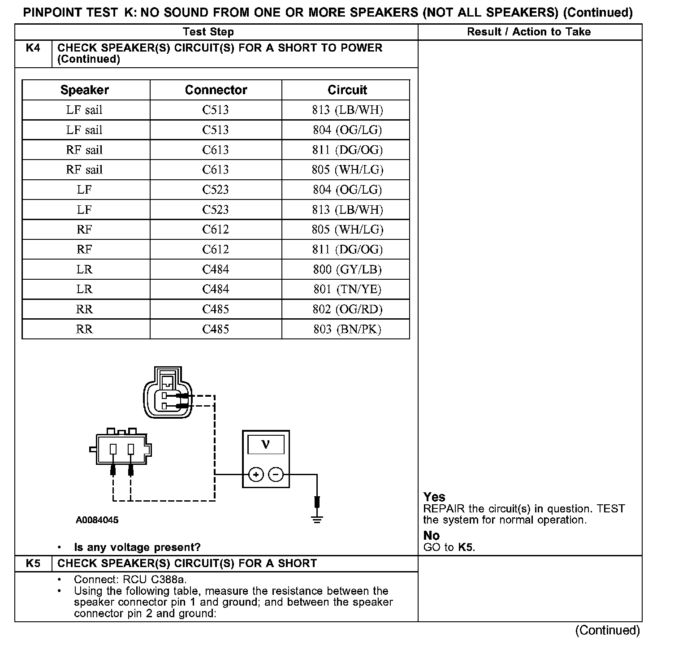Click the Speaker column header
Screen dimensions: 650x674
click(85, 90)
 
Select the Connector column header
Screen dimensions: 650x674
click(216, 90)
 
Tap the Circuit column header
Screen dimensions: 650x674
click(347, 90)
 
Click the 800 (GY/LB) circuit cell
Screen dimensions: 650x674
click(347, 269)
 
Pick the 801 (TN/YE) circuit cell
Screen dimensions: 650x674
click(347, 289)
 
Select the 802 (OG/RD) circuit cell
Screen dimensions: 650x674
click(347, 309)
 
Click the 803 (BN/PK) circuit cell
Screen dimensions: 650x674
click(347, 329)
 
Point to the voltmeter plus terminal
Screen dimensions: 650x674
click(256, 474)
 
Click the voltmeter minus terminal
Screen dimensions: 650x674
click(276, 474)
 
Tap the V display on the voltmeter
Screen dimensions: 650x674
click(266, 444)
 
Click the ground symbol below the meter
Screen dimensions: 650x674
click(317, 519)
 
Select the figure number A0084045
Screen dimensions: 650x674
click(97, 520)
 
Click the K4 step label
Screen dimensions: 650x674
click(33, 48)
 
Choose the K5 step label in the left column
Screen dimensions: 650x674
click(33, 563)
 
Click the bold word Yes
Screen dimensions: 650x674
click(434, 497)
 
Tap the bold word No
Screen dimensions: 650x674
click(432, 535)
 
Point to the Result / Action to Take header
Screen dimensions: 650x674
click(529, 32)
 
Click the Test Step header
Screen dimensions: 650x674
click(208, 32)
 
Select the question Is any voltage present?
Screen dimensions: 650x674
click(137, 547)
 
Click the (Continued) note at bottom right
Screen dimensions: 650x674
click(608, 630)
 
